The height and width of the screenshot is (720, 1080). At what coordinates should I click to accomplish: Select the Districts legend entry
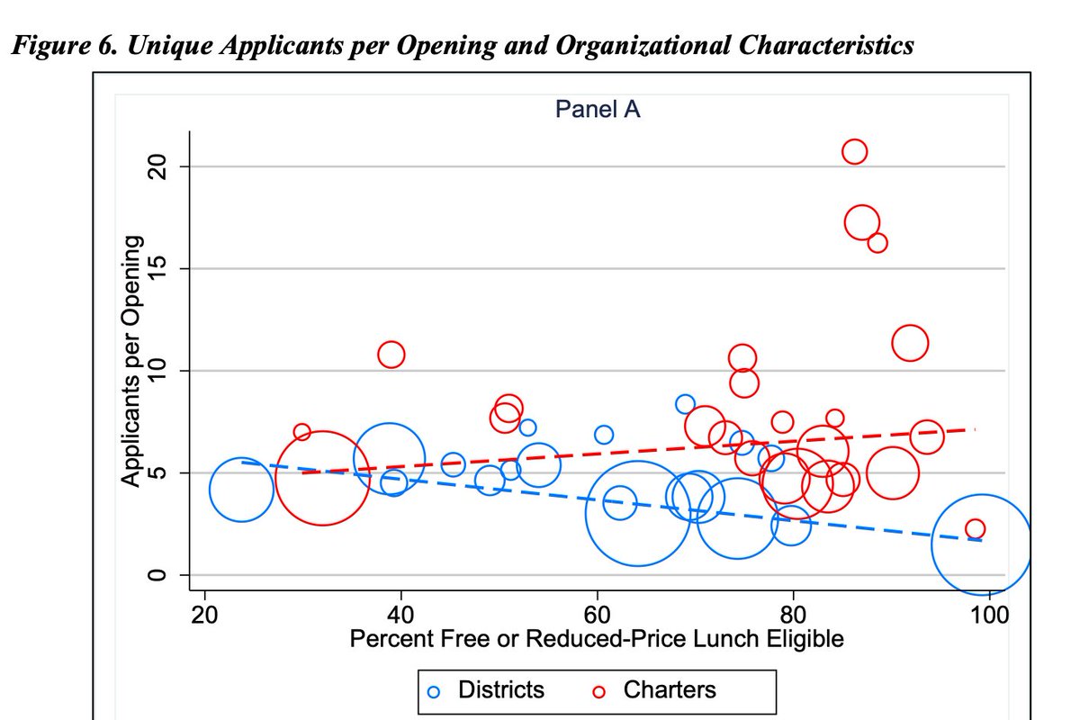[486, 690]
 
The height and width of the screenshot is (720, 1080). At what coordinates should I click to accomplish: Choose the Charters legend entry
[654, 690]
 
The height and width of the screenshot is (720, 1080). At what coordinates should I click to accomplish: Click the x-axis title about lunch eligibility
[596, 640]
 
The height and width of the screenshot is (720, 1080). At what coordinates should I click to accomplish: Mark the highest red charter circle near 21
[854, 151]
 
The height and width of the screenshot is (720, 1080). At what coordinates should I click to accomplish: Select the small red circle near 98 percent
[975, 528]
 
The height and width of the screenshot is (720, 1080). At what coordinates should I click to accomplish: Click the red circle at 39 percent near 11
[391, 355]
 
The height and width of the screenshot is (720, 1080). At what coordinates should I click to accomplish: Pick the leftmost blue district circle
[241, 490]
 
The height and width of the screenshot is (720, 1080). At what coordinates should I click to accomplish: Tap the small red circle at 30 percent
[301, 432]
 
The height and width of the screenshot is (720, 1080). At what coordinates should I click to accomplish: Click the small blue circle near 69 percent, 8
[685, 404]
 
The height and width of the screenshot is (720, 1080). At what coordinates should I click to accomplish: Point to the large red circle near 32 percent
[321, 477]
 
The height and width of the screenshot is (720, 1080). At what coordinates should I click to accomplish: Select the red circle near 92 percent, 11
[910, 343]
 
